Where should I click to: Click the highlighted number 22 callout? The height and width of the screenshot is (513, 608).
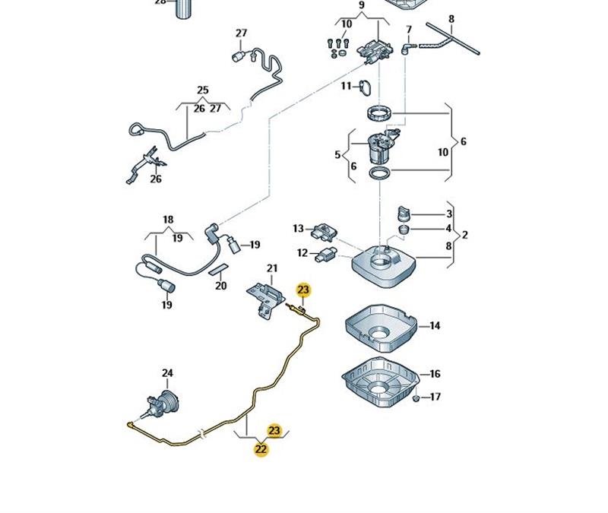click(x=261, y=449)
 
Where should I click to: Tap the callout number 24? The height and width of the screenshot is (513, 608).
click(x=167, y=373)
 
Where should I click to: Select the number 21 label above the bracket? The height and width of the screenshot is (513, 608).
click(x=272, y=268)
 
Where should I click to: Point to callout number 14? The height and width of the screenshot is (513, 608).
click(x=435, y=326)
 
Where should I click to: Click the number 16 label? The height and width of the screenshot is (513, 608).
click(x=435, y=374)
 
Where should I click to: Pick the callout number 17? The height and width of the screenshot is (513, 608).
click(x=435, y=397)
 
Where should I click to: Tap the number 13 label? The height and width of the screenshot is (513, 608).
click(x=298, y=229)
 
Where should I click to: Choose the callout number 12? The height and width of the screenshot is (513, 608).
click(x=302, y=253)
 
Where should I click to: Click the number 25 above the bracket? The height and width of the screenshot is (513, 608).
click(x=202, y=90)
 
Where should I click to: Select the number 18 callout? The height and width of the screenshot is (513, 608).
click(x=168, y=220)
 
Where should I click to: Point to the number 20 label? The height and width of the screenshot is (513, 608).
click(x=220, y=286)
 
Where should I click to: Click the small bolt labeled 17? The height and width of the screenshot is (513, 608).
click(x=416, y=397)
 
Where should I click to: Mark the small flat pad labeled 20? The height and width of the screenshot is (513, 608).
click(x=219, y=270)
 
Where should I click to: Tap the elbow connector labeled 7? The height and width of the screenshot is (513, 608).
click(x=407, y=49)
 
